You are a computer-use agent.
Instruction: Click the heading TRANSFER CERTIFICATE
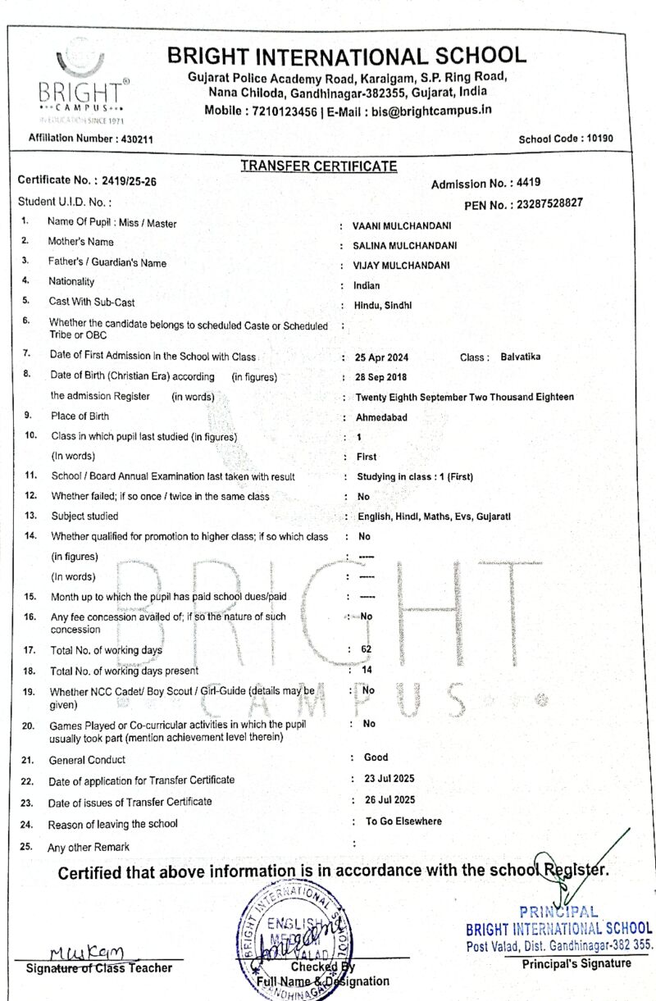tap(318, 166)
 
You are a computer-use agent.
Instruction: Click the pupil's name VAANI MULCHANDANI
tap(402, 225)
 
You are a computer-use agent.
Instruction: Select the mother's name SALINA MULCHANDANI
tap(405, 245)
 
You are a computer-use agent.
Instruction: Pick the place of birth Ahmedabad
tap(381, 417)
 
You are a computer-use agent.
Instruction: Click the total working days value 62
tap(367, 649)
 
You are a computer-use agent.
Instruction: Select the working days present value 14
tap(367, 670)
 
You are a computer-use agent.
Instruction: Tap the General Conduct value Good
tap(376, 758)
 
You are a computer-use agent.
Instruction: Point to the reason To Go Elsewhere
tap(403, 821)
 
